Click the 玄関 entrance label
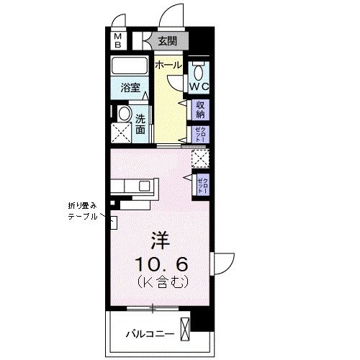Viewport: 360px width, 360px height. click(x=166, y=41)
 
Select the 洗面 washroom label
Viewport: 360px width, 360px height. click(x=140, y=123)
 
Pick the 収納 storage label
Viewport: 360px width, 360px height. click(x=199, y=109)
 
